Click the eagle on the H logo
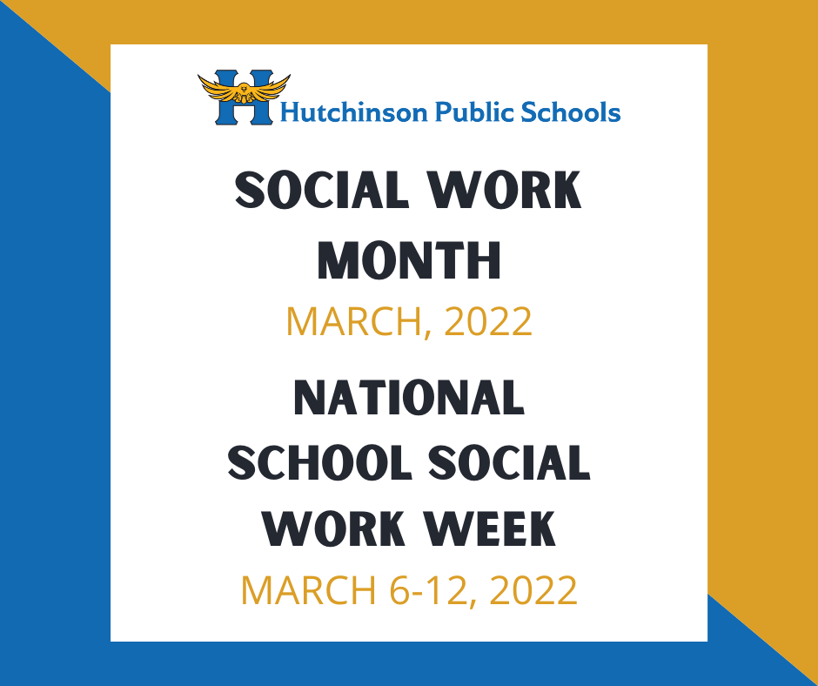coord(244,89)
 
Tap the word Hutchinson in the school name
coord(354,112)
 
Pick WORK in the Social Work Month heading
coord(505,190)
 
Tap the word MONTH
coord(409,260)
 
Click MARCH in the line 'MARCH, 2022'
coord(353,321)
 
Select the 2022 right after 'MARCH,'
coord(488,321)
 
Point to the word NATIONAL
coord(409,397)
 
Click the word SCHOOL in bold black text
coord(319,462)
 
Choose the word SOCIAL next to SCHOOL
coord(509,462)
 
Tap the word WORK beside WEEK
coord(334,528)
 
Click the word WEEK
coord(489,528)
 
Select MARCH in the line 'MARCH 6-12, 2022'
coord(308,590)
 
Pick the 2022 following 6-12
coord(533,590)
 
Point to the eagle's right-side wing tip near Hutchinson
coord(289,77)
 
